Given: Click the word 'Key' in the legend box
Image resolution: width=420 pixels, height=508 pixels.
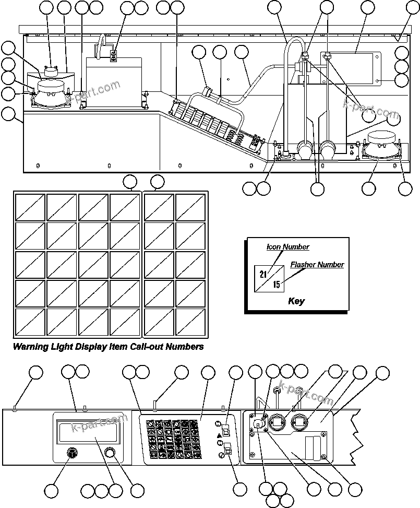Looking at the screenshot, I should pyautogui.click(x=296, y=301).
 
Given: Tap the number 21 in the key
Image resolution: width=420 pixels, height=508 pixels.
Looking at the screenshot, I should pyautogui.click(x=262, y=274).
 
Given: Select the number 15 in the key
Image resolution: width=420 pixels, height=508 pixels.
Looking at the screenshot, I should pyautogui.click(x=277, y=285).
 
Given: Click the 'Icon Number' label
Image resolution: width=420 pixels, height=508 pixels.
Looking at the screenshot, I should pyautogui.click(x=287, y=247).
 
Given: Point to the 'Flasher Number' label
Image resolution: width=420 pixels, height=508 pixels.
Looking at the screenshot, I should pyautogui.click(x=317, y=265).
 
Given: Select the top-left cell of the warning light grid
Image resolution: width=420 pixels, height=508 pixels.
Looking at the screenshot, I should pyautogui.click(x=30, y=207).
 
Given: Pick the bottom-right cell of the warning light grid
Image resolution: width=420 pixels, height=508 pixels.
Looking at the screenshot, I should pyautogui.click(x=190, y=323).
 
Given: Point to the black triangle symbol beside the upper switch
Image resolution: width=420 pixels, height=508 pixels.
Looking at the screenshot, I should pyautogui.click(x=219, y=435).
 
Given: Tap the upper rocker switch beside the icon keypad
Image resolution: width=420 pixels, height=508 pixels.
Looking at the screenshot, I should pyautogui.click(x=226, y=430).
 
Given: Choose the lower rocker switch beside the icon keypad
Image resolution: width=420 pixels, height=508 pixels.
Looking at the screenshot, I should pyautogui.click(x=227, y=449).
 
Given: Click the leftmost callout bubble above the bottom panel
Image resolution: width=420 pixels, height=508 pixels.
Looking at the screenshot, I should pyautogui.click(x=35, y=372).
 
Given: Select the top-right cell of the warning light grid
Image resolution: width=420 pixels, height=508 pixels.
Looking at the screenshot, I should pyautogui.click(x=190, y=207).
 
